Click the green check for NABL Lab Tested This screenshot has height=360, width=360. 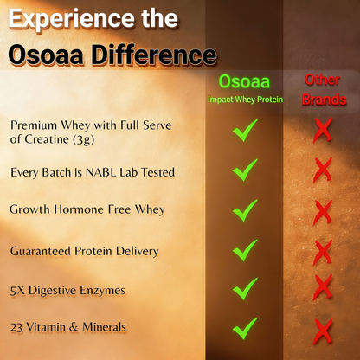[x=245, y=170]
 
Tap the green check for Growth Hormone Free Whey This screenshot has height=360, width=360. [x=245, y=209]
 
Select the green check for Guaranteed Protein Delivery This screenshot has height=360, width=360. [x=245, y=250]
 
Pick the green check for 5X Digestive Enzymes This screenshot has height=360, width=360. [x=245, y=288]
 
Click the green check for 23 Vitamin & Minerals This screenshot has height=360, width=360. [x=245, y=328]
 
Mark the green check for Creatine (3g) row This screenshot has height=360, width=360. [x=245, y=131]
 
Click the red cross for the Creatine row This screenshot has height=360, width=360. [x=323, y=131]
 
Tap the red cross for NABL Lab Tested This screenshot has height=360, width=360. [x=323, y=170]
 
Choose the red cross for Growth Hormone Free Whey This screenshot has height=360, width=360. [x=323, y=209]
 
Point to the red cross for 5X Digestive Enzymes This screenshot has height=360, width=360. [x=323, y=287]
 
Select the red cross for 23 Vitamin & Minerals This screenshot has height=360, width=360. [x=323, y=328]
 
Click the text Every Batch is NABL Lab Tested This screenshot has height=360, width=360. [x=93, y=173]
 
